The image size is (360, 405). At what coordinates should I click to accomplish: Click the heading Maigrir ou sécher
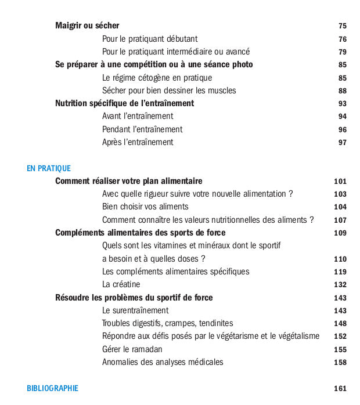point(87,26)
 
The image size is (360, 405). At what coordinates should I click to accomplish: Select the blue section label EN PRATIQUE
point(49,168)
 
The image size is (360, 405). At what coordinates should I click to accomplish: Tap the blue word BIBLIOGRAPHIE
point(52,388)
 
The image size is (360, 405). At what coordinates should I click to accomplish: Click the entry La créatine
point(121,284)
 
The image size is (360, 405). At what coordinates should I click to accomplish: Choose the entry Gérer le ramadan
point(132,349)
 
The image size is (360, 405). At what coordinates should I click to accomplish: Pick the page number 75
point(343,26)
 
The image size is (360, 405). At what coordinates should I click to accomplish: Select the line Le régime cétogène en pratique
point(157,78)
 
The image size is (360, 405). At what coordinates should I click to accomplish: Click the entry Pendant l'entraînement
point(142,129)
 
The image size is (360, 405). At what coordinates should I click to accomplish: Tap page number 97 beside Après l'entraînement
point(343,143)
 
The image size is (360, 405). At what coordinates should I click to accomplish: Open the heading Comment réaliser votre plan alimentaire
point(129,181)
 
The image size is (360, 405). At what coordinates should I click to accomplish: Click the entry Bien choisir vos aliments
point(145,207)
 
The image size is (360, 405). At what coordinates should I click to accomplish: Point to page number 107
point(340,220)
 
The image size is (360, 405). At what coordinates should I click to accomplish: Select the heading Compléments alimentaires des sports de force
point(141,233)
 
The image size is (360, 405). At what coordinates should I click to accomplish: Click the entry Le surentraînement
point(135,310)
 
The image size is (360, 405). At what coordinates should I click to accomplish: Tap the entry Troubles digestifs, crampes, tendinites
point(167,323)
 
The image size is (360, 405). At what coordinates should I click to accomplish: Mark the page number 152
point(340,337)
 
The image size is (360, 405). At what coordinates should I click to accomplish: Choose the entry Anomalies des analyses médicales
point(163,362)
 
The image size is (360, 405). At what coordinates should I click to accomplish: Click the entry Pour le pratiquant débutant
point(150,39)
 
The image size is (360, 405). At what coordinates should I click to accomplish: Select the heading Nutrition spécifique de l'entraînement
point(124,103)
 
